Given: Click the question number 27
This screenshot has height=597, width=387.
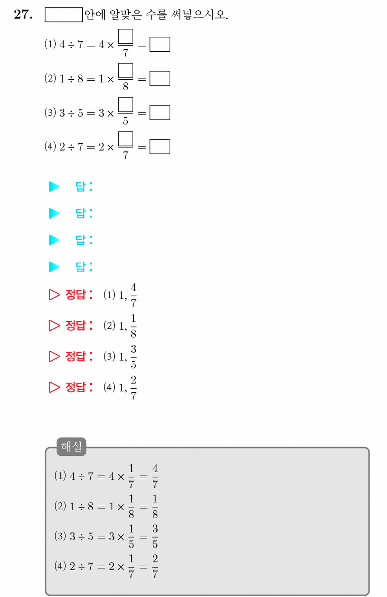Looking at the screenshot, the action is (23, 14).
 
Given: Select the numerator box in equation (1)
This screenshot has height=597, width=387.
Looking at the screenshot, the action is (126, 36).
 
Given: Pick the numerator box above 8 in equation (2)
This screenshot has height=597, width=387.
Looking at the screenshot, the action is (126, 71).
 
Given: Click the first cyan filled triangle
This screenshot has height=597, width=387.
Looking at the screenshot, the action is (54, 187).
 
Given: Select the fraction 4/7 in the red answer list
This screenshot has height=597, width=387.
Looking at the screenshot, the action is (134, 295).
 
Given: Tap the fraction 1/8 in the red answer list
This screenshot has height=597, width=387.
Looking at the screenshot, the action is (134, 326).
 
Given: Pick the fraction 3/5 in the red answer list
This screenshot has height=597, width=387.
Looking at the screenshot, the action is (134, 357).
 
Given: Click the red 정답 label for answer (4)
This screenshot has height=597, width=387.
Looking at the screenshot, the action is (79, 387).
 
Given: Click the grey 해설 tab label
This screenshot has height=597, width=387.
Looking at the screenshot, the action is (71, 446).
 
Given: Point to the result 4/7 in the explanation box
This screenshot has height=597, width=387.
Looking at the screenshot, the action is (155, 476).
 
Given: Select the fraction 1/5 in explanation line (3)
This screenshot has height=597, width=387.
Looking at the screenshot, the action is (131, 537).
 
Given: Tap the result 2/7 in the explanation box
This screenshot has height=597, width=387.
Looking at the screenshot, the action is (155, 566).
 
